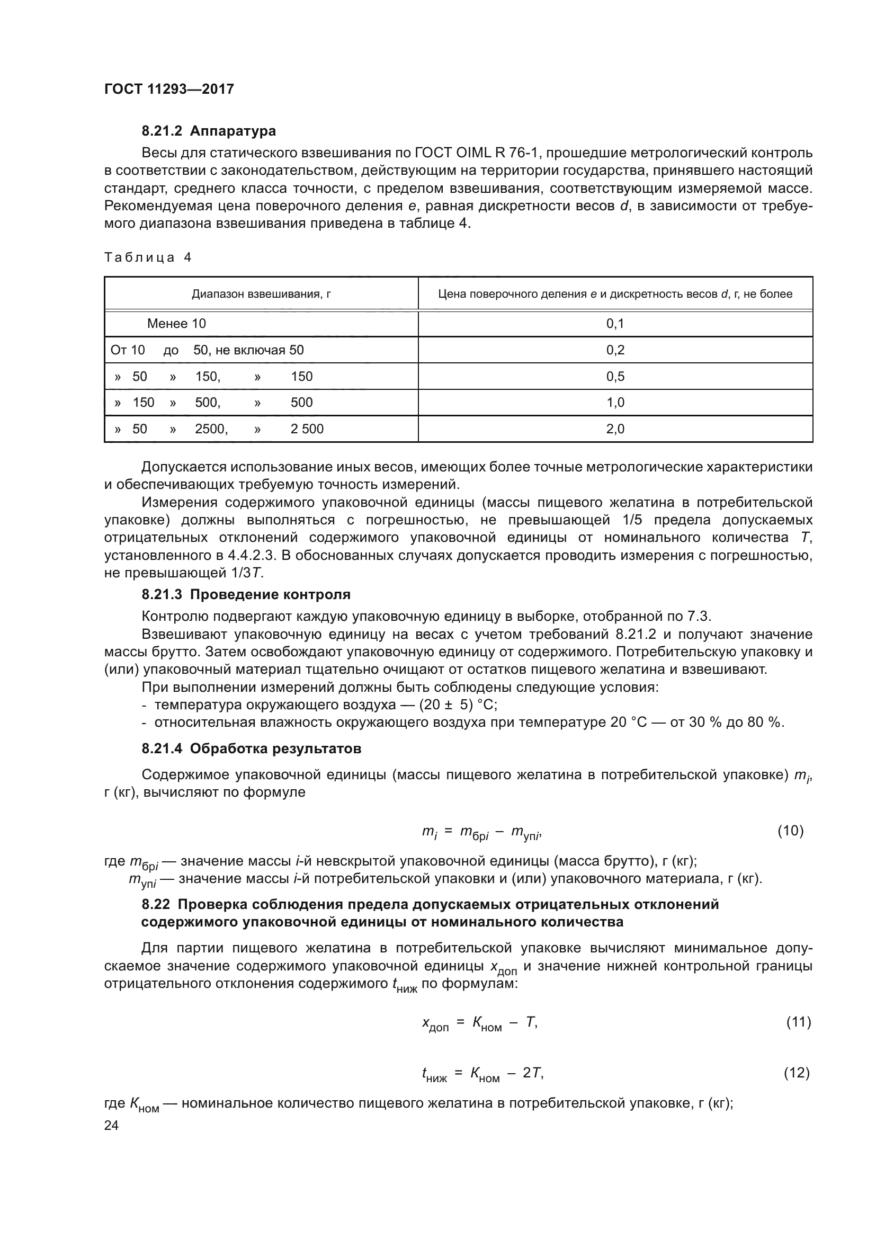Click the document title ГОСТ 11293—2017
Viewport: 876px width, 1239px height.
(x=169, y=89)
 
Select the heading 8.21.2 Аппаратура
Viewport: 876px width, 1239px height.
(x=208, y=131)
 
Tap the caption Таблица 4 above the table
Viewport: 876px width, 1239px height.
(x=148, y=257)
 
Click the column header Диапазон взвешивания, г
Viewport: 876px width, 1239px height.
(x=261, y=294)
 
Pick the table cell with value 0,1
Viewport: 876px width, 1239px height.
(x=615, y=324)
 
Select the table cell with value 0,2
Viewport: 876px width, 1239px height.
(x=615, y=350)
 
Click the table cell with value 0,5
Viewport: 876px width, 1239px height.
(x=615, y=377)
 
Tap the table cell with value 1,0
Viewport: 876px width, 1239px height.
(x=615, y=403)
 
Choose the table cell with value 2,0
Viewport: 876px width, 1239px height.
(x=615, y=429)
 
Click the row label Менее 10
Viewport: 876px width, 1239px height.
(x=176, y=324)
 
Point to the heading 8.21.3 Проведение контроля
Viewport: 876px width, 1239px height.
(x=245, y=595)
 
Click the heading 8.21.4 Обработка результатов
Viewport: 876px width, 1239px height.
(x=251, y=749)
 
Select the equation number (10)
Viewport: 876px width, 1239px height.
(x=790, y=831)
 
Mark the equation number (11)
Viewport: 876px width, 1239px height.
(x=798, y=1022)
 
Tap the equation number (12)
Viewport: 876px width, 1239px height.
(x=797, y=1073)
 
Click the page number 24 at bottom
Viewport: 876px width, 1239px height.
(x=111, y=1125)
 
